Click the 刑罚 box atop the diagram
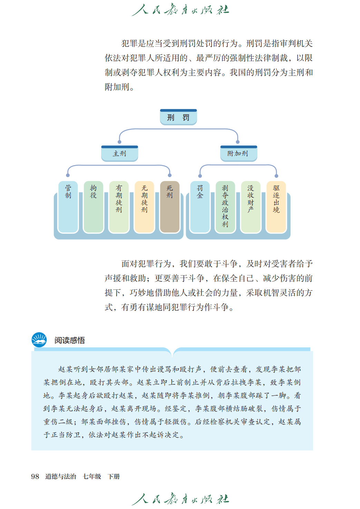(178, 117)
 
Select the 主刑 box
(119, 154)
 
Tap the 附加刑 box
(239, 154)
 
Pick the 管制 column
(68, 207)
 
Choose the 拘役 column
(94, 207)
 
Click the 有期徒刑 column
(119, 207)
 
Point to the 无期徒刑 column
(144, 207)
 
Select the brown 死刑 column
(169, 207)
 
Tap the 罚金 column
(200, 207)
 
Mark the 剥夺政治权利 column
(225, 207)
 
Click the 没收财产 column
(251, 207)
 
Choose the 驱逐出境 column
(276, 207)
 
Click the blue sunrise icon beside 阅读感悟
(39, 340)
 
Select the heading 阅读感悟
(69, 340)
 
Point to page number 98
(35, 477)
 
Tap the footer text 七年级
(92, 477)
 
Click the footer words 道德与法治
(61, 477)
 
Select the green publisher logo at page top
(180, 9)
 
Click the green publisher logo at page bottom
(180, 499)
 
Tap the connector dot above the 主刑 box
(119, 142)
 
